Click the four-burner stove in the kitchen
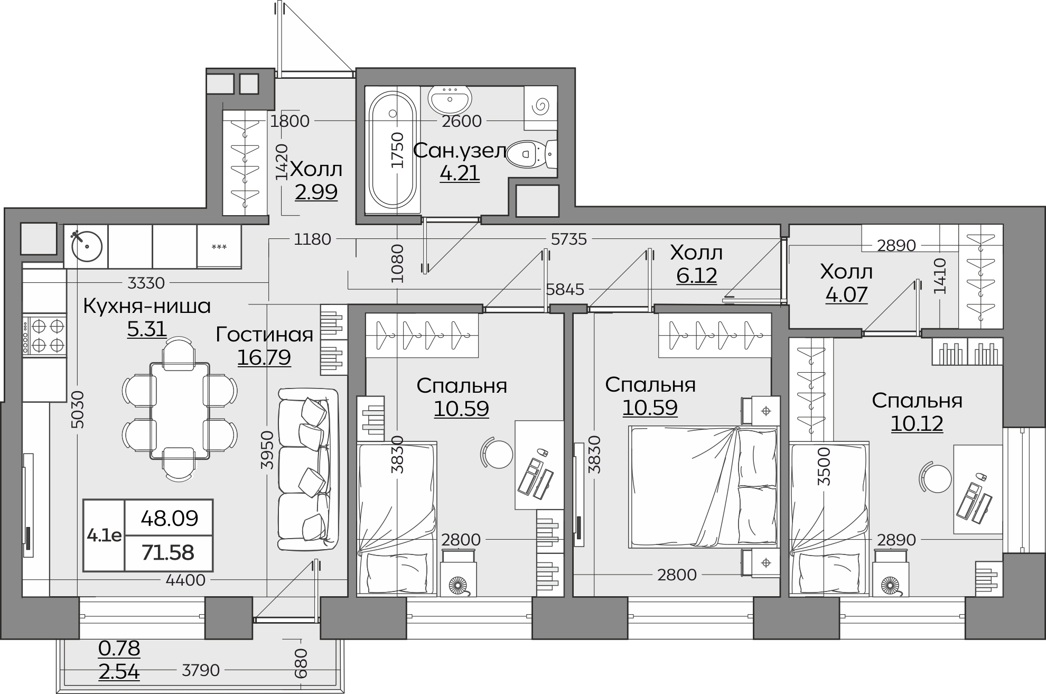(x=44, y=335)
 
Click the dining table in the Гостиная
(x=180, y=411)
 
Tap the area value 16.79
(x=264, y=357)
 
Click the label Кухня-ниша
(x=147, y=306)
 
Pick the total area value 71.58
(x=168, y=553)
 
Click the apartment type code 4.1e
(x=104, y=535)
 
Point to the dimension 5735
(x=569, y=239)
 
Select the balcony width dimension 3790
(x=201, y=670)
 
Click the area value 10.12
(x=917, y=423)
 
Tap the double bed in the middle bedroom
(x=703, y=487)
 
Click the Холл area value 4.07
(x=846, y=294)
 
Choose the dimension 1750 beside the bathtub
(x=397, y=150)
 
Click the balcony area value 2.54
(x=119, y=672)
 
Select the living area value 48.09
(x=169, y=519)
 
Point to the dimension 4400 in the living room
(x=185, y=580)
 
